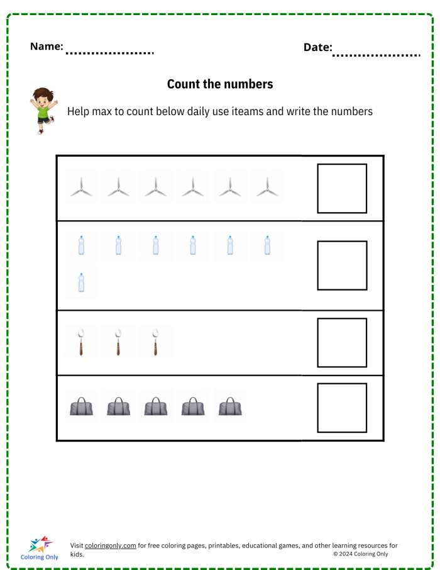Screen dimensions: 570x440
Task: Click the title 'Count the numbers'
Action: [220, 84]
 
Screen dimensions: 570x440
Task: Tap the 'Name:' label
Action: [47, 47]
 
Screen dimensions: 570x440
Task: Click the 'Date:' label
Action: [318, 47]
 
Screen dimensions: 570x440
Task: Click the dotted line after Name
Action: [109, 53]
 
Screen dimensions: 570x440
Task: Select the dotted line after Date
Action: [376, 55]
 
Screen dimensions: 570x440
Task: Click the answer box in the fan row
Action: [342, 189]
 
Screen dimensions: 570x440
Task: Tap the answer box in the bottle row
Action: [342, 265]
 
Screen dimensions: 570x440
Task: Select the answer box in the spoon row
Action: [342, 343]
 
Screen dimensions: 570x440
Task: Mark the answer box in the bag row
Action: [342, 408]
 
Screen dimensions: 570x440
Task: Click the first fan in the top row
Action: [81, 187]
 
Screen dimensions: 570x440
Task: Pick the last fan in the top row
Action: [267, 187]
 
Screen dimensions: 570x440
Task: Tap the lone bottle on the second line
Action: [81, 283]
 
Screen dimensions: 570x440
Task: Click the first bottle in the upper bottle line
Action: [81, 245]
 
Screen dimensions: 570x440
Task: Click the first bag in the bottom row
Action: [81, 406]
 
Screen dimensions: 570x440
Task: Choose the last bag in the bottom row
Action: [230, 406]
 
